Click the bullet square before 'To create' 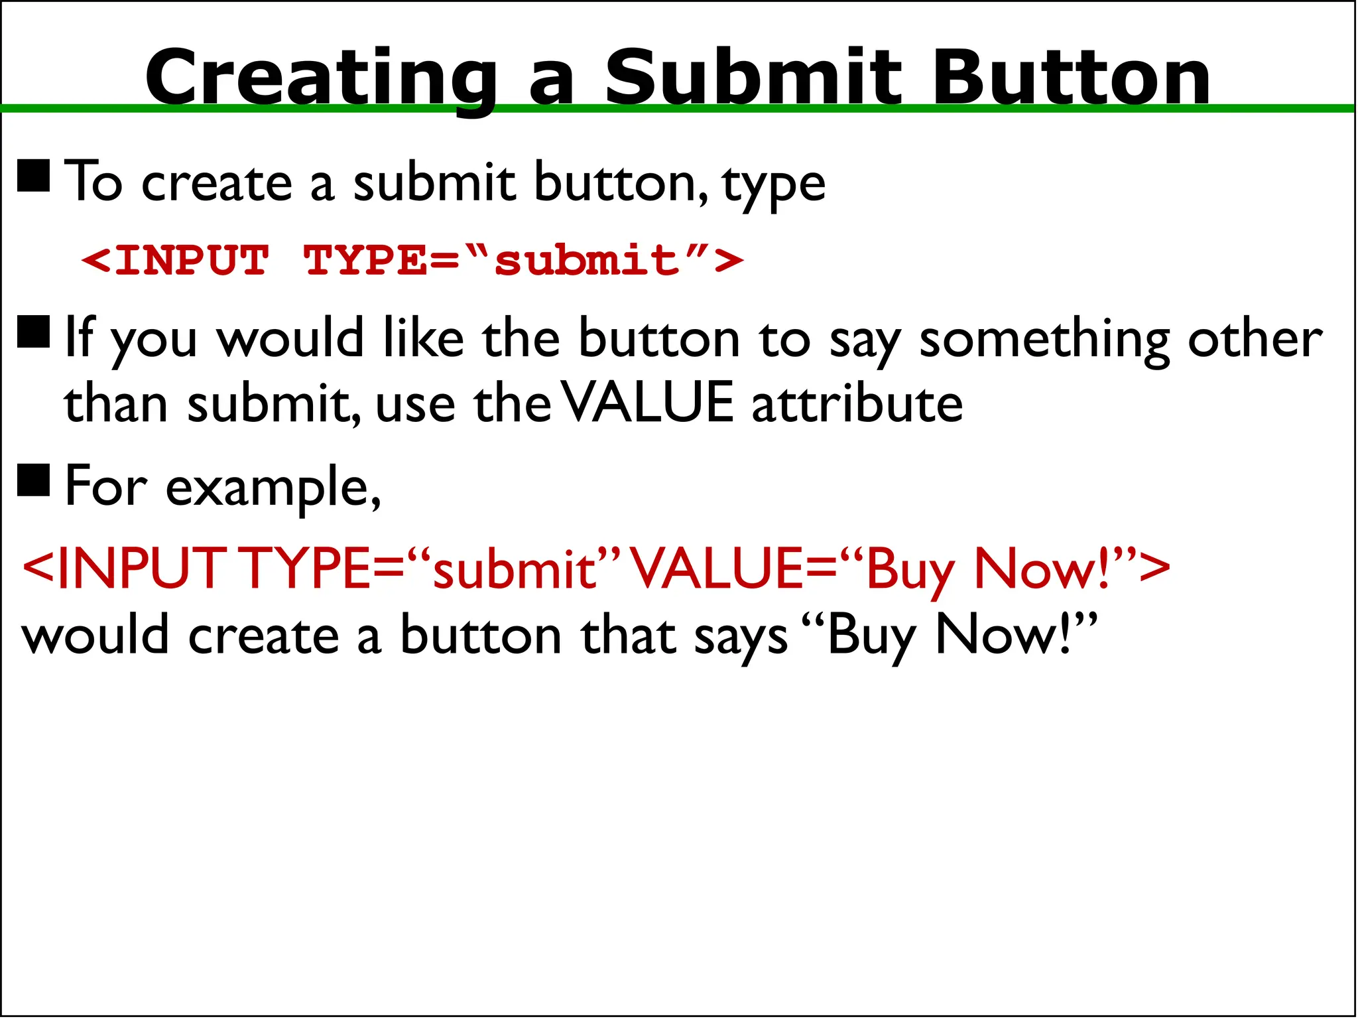click(x=34, y=176)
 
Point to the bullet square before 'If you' click(x=34, y=332)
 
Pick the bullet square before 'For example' click(x=34, y=480)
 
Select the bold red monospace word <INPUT click(x=176, y=259)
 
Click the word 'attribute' click(x=857, y=403)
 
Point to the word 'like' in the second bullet click(x=424, y=338)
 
